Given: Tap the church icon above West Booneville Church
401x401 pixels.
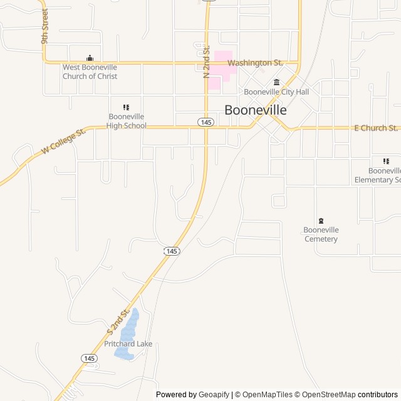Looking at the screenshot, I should pyautogui.click(x=90, y=58).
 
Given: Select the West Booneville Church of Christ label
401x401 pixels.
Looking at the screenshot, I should pyautogui.click(x=90, y=71).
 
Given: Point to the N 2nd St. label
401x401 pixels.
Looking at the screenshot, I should pyautogui.click(x=206, y=61).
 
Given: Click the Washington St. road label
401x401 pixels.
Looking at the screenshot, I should pyautogui.click(x=255, y=63).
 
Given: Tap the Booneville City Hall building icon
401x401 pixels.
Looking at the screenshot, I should pyautogui.click(x=276, y=82).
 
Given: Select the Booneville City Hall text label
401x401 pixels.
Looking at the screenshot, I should pyautogui.click(x=276, y=92).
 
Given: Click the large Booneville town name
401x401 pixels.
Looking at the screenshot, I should pyautogui.click(x=256, y=110).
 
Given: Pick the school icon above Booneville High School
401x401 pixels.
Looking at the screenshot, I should pyautogui.click(x=126, y=107).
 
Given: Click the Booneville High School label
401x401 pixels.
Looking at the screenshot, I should pyautogui.click(x=126, y=121).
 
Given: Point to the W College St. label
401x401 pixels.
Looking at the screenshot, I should pyautogui.click(x=63, y=142).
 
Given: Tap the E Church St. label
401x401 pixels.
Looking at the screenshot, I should pyautogui.click(x=376, y=128).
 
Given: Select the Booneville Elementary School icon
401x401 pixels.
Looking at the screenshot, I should pyautogui.click(x=386, y=161).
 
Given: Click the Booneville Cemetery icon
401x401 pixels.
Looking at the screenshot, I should pyautogui.click(x=321, y=221).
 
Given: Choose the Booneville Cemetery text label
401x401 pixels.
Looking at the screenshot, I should pyautogui.click(x=321, y=234).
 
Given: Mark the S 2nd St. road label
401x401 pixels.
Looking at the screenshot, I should pyautogui.click(x=118, y=320).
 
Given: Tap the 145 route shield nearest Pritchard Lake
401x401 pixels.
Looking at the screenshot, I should pyautogui.click(x=89, y=358).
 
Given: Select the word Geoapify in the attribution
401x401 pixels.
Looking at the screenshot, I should pyautogui.click(x=214, y=395).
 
